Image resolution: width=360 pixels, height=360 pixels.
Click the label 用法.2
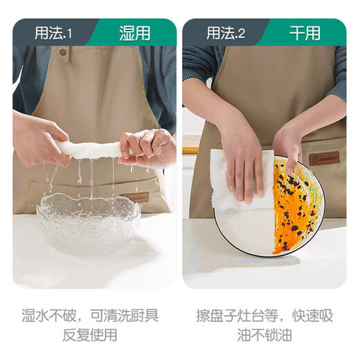[223, 33]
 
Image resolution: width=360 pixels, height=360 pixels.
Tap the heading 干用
[304, 33]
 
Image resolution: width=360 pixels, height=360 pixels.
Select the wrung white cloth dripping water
[90, 149]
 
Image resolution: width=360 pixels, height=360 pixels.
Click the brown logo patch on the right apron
[325, 158]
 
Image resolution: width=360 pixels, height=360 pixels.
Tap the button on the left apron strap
[63, 52]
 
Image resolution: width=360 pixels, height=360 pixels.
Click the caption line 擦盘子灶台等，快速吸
[264, 316]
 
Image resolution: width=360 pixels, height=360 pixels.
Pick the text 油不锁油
[264, 336]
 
